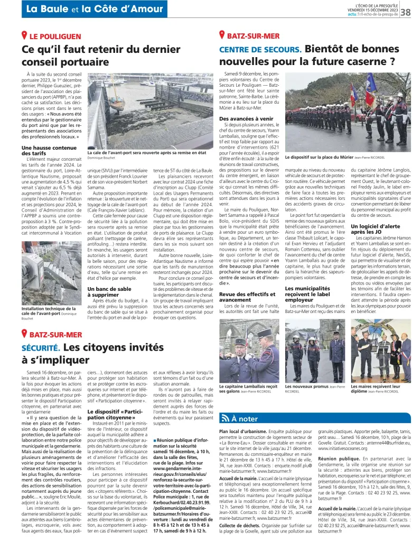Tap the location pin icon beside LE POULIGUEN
pyautogui.click(x=24, y=36)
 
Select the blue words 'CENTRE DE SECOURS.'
pyautogui.click(x=260, y=50)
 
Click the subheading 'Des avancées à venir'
pyautogui.click(x=246, y=119)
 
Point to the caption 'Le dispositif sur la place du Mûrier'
pyautogui.click(x=319, y=157)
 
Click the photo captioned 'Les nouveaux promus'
pyautogui.click(x=314, y=351)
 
